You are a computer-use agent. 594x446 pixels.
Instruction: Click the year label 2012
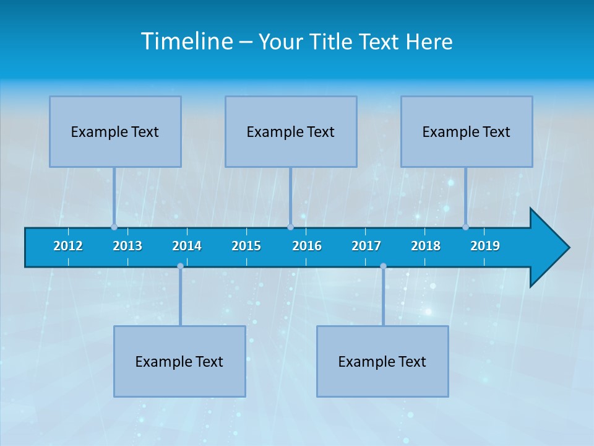coord(68,246)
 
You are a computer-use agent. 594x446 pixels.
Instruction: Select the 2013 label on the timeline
coord(127,246)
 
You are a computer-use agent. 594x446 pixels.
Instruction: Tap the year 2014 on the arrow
coord(187,246)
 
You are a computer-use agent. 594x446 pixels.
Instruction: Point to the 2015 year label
coord(246,246)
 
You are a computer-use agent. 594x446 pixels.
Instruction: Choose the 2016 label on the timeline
coord(307,246)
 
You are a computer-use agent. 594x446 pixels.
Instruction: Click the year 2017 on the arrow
coord(366,246)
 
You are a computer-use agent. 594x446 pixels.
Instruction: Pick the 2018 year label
coord(426,246)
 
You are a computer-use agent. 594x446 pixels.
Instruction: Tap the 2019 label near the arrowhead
coord(485,246)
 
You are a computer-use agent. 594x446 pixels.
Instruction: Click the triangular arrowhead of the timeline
coord(548,248)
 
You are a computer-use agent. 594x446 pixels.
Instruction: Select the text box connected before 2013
coord(115,131)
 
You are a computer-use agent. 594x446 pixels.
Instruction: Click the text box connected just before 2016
coord(291,131)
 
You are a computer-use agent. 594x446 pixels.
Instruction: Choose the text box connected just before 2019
coord(467,131)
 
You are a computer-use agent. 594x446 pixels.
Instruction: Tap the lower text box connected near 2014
coord(179,361)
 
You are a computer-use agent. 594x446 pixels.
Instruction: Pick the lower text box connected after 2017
coord(382,361)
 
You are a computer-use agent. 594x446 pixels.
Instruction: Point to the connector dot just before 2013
coord(114,227)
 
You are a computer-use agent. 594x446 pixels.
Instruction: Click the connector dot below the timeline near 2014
coord(180,266)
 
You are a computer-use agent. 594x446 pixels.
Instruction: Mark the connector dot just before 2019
coord(465,227)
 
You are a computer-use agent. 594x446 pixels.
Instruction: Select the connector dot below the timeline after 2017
coord(383,266)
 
